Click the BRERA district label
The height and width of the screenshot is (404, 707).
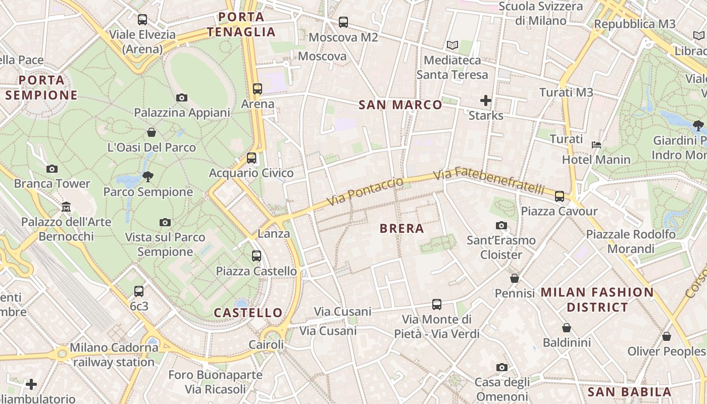(x=401, y=228)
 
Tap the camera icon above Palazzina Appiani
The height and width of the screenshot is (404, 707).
(x=182, y=97)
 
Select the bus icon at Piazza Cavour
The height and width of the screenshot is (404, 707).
(x=560, y=196)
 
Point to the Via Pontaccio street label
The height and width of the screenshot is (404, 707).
(x=365, y=191)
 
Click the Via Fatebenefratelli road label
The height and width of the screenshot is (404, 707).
(x=489, y=180)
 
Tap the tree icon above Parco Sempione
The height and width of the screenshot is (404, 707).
(x=148, y=177)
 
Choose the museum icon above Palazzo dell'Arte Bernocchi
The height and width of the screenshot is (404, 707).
(x=66, y=207)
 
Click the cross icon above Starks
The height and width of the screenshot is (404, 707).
(x=486, y=100)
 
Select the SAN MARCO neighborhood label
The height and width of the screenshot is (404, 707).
(x=400, y=105)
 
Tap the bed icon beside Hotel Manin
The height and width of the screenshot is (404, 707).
(x=596, y=145)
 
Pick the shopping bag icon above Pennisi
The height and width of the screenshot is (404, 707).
(x=515, y=278)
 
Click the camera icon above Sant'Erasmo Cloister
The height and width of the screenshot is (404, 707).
(x=501, y=225)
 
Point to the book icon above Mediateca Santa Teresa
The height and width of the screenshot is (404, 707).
(x=452, y=45)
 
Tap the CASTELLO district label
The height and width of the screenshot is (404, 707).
(x=248, y=313)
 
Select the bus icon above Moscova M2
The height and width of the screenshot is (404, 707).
(x=343, y=22)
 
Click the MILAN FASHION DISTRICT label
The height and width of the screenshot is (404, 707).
(x=597, y=299)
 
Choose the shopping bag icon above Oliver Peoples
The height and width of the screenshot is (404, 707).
(x=667, y=336)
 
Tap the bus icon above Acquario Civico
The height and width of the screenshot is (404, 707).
(x=251, y=158)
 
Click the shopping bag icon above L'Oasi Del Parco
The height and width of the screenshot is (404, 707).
(x=151, y=133)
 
